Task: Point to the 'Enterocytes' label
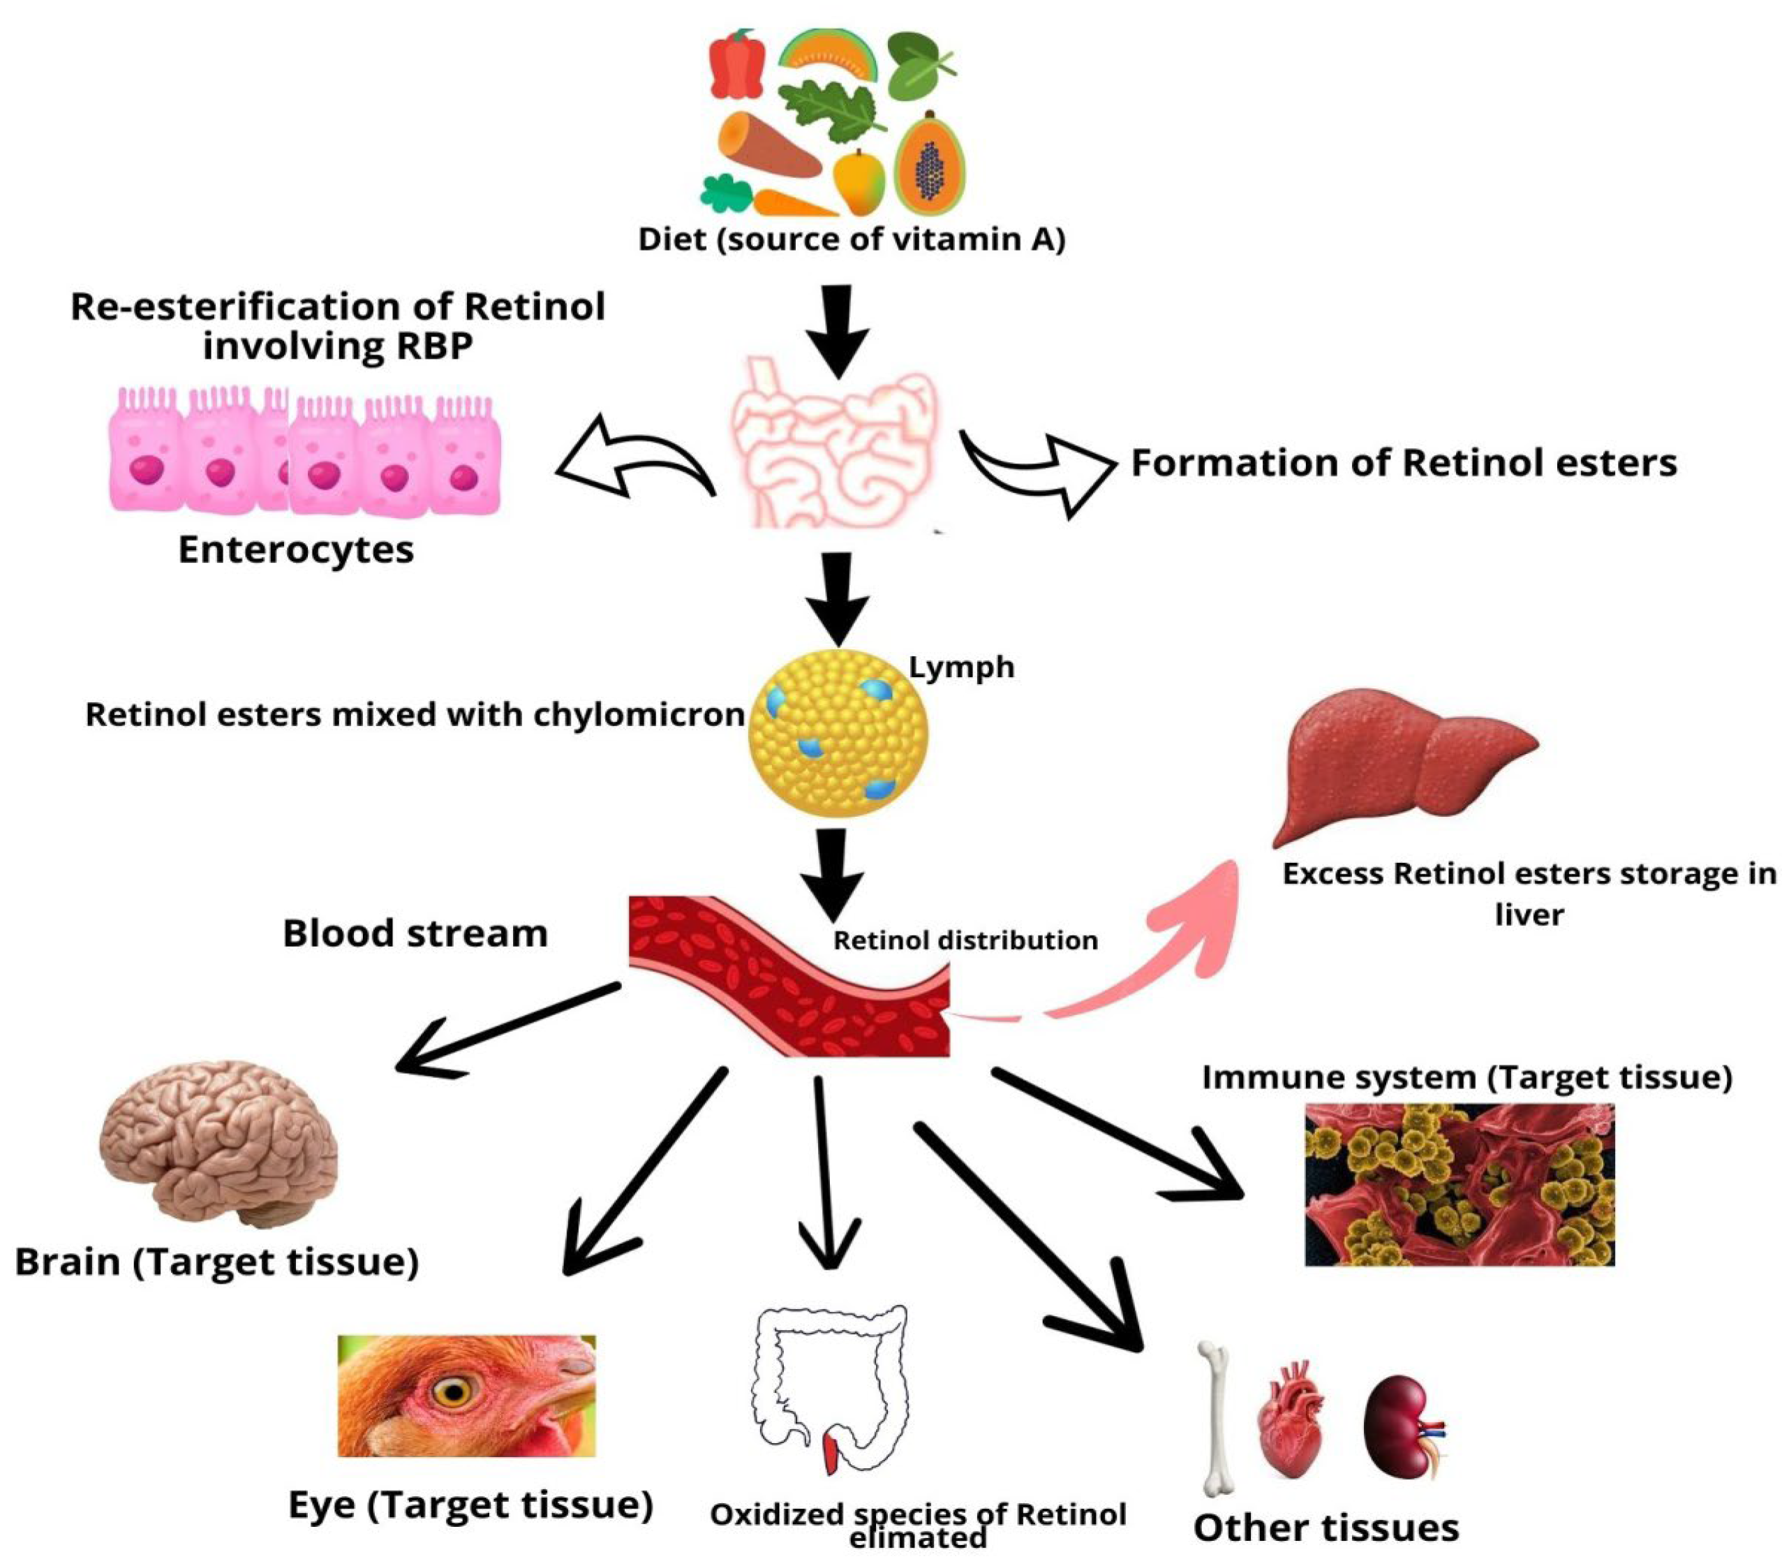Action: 296,550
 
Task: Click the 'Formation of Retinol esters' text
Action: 1403,463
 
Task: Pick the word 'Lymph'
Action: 961,667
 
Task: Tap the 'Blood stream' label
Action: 415,933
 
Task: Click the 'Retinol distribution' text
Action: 965,940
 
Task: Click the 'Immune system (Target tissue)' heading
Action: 1467,1077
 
